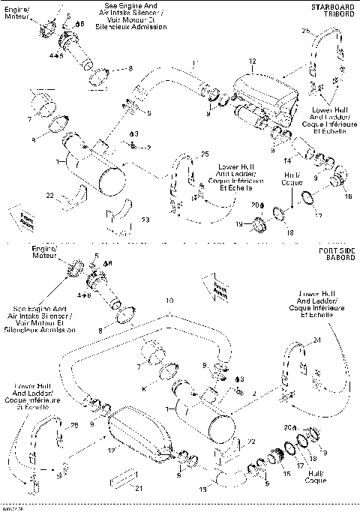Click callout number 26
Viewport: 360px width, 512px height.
[305, 31]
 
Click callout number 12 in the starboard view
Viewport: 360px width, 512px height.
[253, 61]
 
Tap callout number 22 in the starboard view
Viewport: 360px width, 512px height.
[49, 196]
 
